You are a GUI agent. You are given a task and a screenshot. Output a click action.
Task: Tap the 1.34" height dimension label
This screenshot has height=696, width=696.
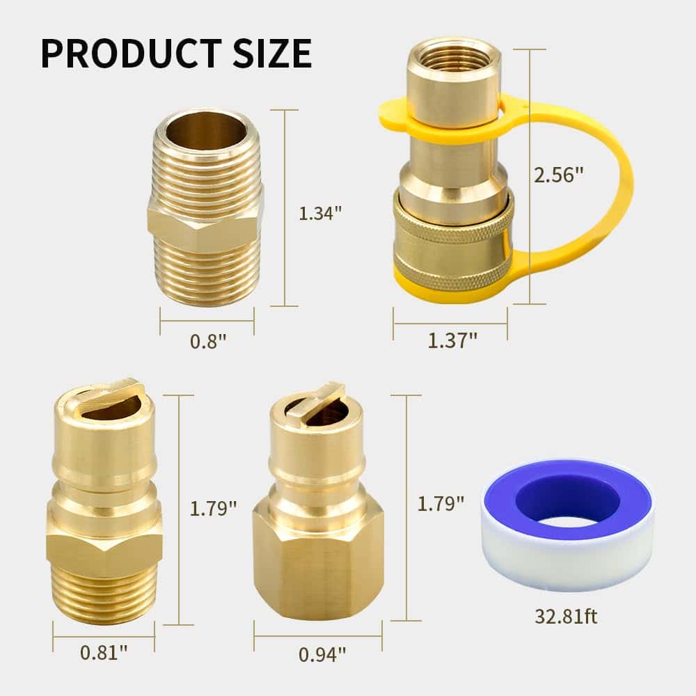320,214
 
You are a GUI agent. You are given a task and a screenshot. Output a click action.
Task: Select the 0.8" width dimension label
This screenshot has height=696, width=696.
208,341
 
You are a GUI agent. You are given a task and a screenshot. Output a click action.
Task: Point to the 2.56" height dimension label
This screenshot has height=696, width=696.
559,175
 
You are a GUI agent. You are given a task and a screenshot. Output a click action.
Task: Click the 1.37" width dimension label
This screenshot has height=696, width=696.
452,340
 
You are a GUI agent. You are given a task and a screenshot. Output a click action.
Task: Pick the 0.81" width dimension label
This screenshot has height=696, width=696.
104,652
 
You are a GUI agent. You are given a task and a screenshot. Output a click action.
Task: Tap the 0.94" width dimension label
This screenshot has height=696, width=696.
322,654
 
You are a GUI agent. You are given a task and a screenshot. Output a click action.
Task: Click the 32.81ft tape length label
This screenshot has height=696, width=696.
566,616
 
